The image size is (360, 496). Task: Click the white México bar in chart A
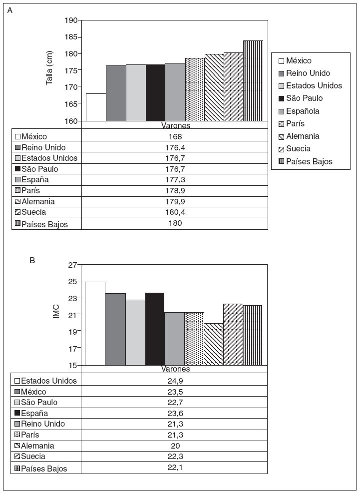(96, 107)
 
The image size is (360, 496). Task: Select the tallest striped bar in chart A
(253, 81)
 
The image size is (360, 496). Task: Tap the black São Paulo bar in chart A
(155, 93)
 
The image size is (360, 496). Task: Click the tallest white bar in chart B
(95, 323)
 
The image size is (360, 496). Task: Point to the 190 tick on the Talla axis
(72, 20)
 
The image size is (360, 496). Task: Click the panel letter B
(32, 260)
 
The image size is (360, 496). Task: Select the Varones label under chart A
(175, 125)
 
